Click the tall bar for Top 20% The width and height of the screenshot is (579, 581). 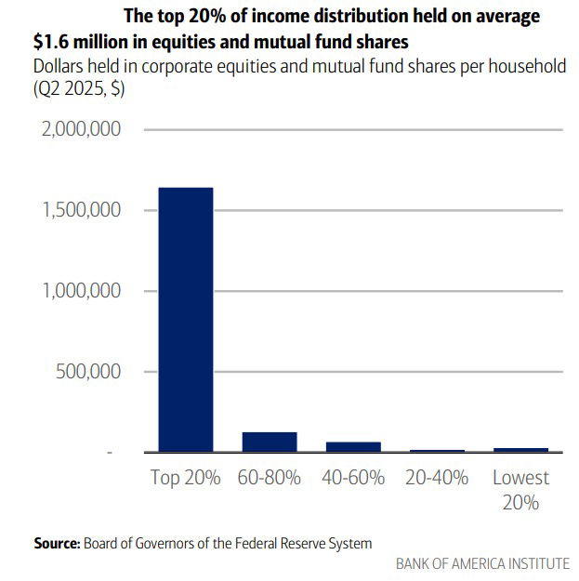click(186, 319)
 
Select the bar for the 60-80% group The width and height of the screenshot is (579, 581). click(270, 442)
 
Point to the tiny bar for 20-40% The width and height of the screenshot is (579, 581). click(437, 451)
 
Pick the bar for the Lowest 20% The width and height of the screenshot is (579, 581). click(520, 450)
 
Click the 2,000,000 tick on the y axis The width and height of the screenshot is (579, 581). click(83, 129)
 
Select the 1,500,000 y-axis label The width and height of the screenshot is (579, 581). click(83, 210)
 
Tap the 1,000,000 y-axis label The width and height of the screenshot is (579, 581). click(83, 291)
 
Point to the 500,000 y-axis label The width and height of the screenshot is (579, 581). click(91, 372)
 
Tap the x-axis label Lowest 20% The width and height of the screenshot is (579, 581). click(520, 490)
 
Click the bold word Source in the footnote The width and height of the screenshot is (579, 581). click(57, 543)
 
